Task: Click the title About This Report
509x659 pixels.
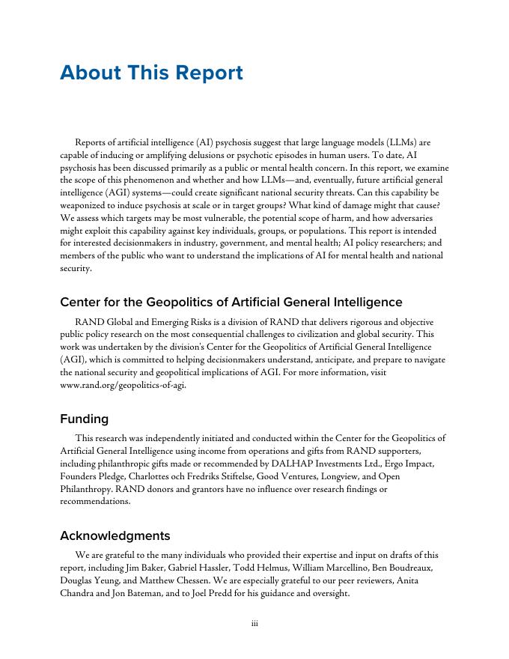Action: (151, 73)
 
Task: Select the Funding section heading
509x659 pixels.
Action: (84, 419)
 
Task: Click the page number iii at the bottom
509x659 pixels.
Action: (254, 624)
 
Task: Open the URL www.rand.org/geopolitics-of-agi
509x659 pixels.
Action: (123, 385)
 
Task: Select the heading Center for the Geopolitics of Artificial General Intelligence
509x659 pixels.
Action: (231, 302)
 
